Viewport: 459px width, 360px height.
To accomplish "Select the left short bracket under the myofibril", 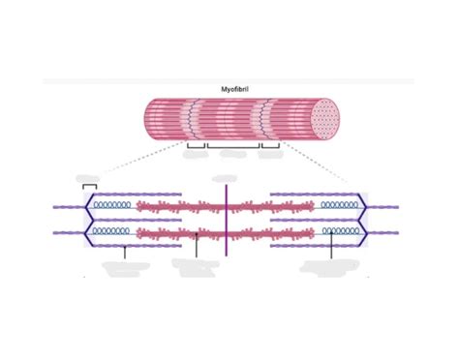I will [196, 147].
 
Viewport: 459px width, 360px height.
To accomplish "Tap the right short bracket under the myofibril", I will [269, 147].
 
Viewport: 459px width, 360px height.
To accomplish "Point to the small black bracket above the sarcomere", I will [90, 185].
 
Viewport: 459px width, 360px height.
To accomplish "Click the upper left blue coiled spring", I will [110, 206].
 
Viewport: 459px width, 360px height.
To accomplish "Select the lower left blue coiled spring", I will [110, 232].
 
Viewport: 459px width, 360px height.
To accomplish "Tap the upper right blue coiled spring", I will [341, 206].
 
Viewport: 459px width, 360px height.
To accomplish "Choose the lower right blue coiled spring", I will [341, 232].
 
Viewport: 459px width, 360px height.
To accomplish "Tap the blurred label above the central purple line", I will [226, 178].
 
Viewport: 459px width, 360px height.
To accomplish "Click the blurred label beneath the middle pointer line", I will [194, 266].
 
